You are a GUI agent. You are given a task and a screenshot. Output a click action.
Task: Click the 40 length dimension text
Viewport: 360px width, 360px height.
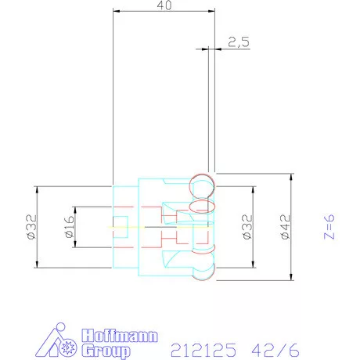pos(164,5)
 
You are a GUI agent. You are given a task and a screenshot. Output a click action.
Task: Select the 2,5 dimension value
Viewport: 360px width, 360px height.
pos(239,42)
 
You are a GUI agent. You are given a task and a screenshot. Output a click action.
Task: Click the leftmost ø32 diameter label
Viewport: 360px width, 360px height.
pos(31,227)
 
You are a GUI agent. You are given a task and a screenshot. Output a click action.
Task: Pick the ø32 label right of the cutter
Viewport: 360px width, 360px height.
pos(244,227)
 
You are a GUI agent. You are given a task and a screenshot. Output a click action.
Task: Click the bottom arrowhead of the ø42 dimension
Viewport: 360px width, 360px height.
pos(292,278)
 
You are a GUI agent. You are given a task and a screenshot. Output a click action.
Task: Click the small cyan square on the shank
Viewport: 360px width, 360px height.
pos(121,221)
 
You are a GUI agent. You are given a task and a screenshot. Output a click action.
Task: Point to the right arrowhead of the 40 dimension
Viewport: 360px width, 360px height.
pos(213,13)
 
